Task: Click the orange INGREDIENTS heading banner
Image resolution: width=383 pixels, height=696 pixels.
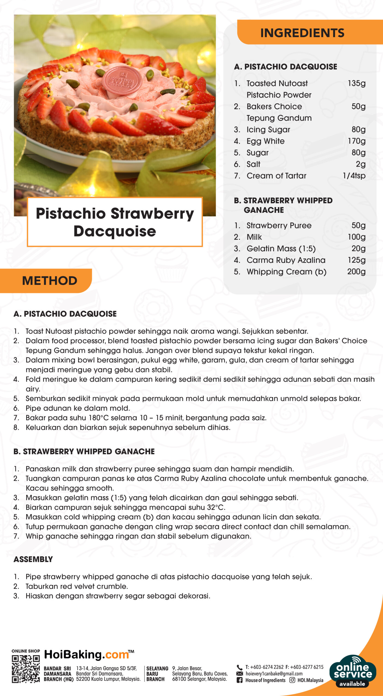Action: point(302,33)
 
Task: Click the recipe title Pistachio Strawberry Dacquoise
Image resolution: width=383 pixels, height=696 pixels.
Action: point(115,222)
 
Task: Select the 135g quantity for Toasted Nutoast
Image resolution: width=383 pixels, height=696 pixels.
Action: point(357,83)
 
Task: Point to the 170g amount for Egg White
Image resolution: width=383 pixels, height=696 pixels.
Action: point(357,141)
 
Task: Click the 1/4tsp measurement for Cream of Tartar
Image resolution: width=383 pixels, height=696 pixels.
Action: point(354,176)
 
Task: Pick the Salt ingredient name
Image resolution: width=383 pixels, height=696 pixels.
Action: point(253,164)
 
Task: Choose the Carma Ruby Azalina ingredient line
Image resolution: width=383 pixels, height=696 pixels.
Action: point(286,260)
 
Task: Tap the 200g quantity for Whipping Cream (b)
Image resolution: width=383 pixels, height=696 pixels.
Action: point(356,272)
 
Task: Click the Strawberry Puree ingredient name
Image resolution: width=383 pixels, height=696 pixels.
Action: point(279,225)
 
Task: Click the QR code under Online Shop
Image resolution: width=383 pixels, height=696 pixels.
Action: point(26,669)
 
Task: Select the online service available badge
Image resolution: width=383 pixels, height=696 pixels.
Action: point(353,671)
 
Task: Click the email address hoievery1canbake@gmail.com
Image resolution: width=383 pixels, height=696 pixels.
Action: point(274,674)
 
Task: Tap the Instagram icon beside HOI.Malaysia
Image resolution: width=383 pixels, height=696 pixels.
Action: point(292,680)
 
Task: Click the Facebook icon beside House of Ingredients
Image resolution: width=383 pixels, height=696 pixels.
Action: point(240,680)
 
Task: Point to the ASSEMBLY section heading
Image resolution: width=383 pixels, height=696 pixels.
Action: point(33,559)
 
